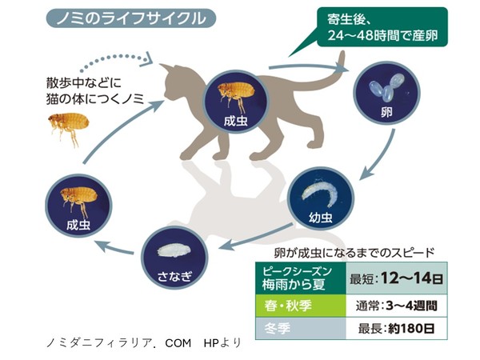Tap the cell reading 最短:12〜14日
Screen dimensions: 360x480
click(x=397, y=278)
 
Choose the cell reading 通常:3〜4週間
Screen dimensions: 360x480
click(x=397, y=305)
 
